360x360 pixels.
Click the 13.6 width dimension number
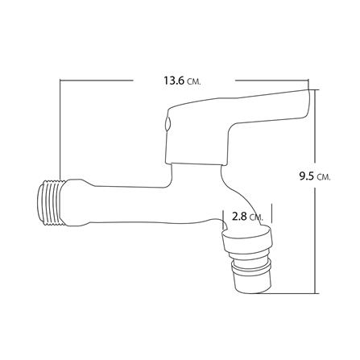point(174,81)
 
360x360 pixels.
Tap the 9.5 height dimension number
point(307,176)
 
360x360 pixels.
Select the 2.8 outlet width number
point(239,216)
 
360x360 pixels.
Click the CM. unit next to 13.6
point(194,82)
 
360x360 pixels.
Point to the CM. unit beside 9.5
point(325,177)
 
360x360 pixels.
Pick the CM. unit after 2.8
point(256,217)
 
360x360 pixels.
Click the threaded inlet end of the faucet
point(50,202)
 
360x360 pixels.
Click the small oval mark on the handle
point(168,123)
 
